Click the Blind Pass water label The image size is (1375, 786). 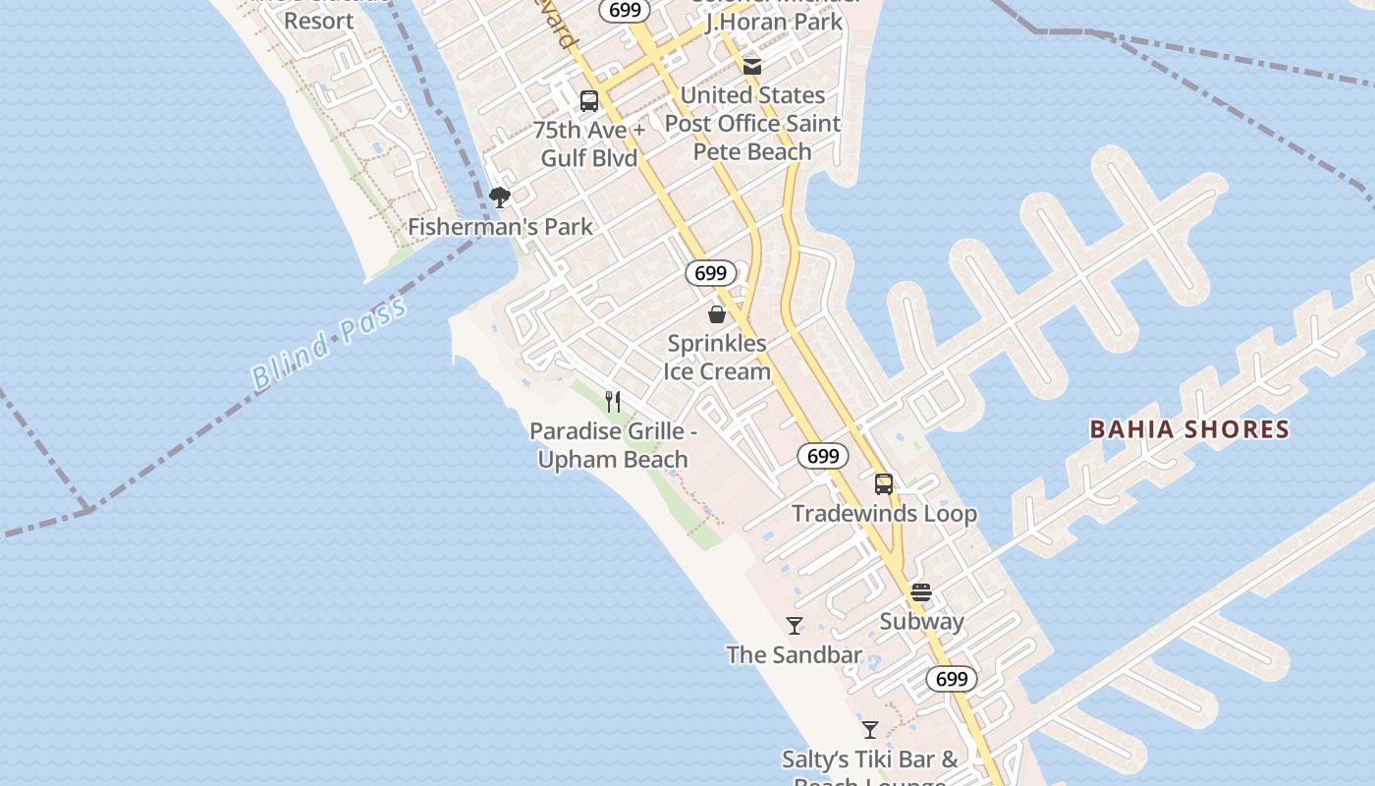[328, 343]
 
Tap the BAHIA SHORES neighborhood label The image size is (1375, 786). [1189, 429]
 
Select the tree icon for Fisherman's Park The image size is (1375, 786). [500, 197]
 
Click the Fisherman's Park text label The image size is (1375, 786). [500, 227]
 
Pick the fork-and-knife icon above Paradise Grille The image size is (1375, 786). [613, 401]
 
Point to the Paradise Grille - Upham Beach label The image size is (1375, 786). [613, 445]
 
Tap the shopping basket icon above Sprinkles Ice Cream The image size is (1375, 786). [717, 314]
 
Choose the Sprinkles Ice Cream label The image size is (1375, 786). [717, 358]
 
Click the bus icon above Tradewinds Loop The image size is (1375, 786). [884, 483]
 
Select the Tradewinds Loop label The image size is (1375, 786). [884, 514]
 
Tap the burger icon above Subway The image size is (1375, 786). [921, 592]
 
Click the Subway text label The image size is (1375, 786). [921, 622]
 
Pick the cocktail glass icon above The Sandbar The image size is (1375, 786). [795, 625]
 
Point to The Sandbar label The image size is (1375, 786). [795, 655]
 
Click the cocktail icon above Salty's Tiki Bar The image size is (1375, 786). [870, 729]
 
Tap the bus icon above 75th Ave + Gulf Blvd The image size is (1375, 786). [589, 100]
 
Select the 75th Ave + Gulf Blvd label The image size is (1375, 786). [589, 144]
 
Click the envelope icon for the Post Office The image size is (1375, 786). [752, 67]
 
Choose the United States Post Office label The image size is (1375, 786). [752, 123]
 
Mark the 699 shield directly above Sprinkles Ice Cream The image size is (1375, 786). [710, 273]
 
